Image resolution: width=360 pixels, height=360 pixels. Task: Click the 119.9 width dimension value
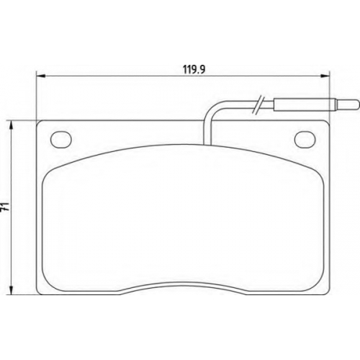(194, 70)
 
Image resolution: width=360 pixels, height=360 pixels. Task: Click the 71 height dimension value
(5, 207)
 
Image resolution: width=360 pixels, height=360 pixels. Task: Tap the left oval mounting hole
(61, 139)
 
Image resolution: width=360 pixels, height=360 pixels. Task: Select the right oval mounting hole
(305, 139)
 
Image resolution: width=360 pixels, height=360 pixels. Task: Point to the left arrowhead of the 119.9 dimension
(41, 76)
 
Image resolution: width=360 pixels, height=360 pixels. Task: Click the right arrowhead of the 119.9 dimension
(325, 76)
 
